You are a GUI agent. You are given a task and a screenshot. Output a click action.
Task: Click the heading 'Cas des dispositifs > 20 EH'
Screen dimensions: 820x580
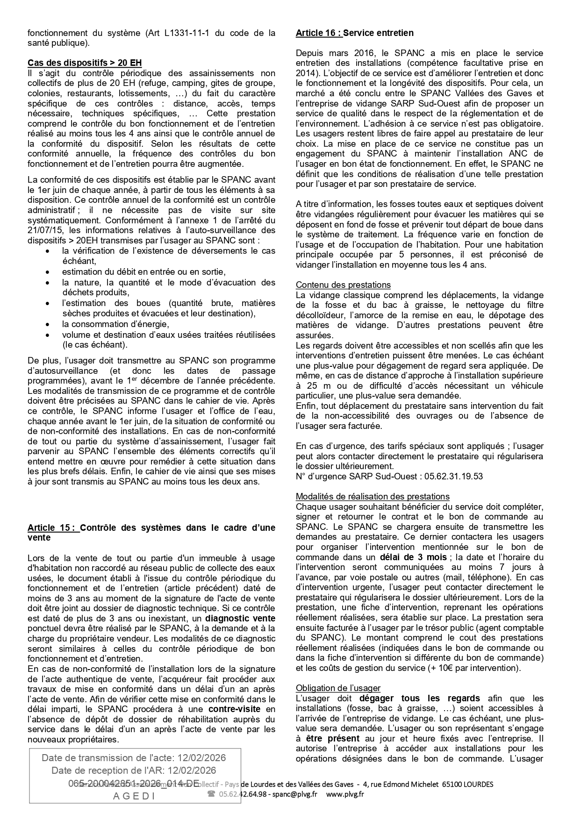85,63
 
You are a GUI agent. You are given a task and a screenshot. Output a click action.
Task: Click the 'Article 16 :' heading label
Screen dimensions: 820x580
319,33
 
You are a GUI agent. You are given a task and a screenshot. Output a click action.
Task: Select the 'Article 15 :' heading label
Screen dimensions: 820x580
53,528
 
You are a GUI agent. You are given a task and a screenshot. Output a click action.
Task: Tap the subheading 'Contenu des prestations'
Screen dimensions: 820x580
343,285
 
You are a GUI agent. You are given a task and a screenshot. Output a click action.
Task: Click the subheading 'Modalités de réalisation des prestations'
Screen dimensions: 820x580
372,496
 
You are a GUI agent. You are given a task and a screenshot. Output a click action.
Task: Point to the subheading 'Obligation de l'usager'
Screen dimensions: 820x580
338,688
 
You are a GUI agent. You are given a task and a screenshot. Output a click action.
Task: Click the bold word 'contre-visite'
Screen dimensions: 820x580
234,709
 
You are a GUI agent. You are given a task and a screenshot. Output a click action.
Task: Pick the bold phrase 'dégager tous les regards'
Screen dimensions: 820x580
420,698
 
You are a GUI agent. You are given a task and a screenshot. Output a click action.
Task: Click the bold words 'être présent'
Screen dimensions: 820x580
333,738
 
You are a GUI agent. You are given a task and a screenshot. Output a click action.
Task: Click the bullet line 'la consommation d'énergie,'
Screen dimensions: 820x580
115,324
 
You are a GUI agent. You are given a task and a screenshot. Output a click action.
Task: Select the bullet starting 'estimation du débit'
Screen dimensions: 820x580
143,272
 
